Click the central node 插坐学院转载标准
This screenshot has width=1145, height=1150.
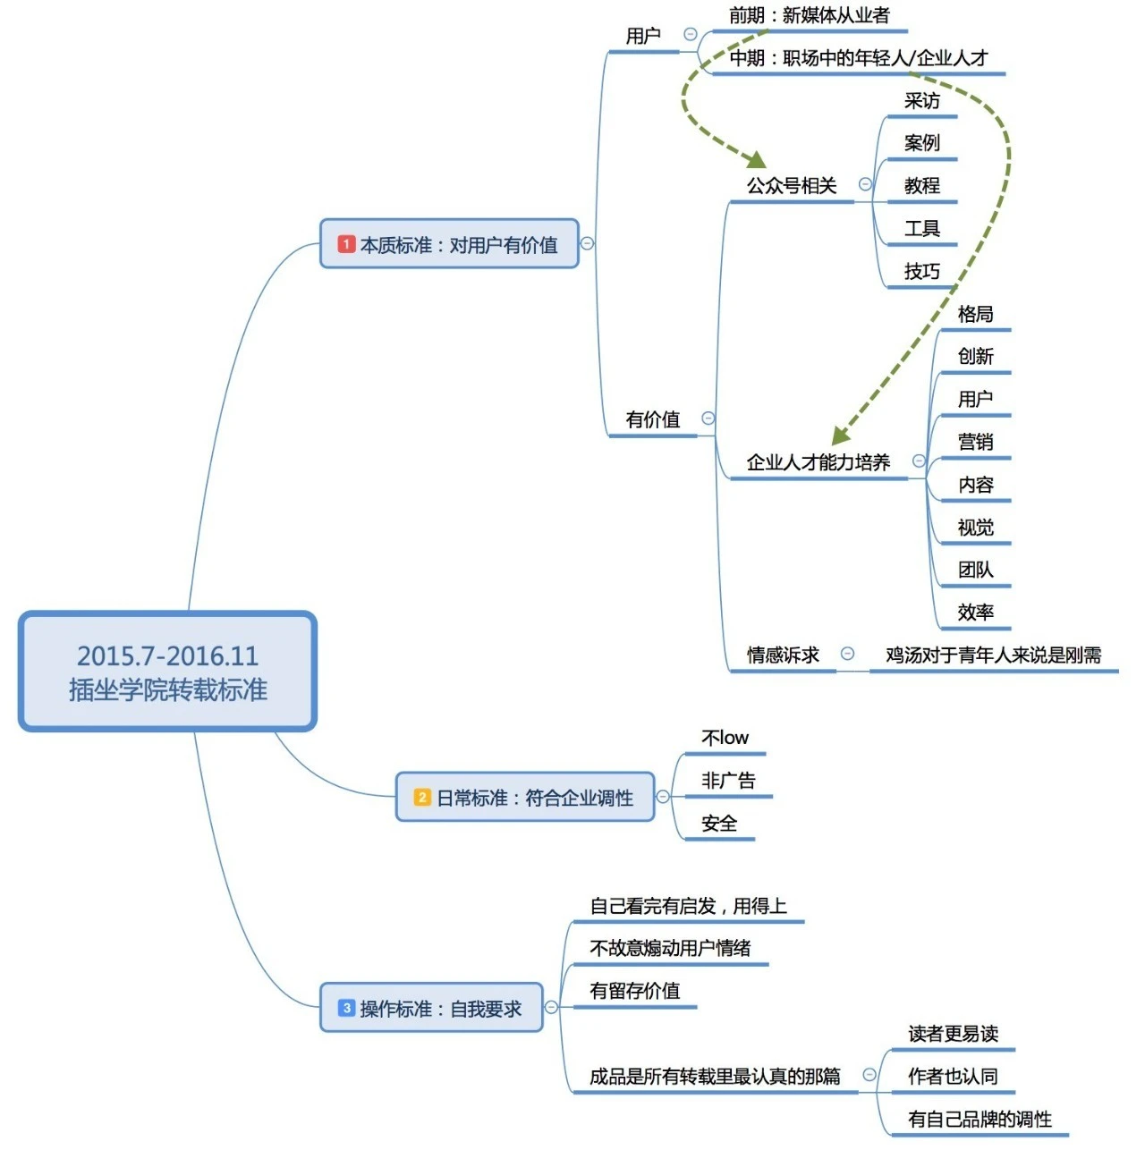tap(167, 672)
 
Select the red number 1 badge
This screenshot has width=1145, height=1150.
tap(346, 244)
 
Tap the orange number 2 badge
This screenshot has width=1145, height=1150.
tap(422, 797)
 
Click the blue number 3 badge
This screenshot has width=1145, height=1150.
tap(346, 1008)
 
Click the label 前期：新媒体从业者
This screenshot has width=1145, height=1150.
tap(809, 15)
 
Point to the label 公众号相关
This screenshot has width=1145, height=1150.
tap(792, 186)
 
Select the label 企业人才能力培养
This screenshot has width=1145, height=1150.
tap(818, 462)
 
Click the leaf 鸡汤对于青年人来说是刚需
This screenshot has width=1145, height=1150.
tap(993, 655)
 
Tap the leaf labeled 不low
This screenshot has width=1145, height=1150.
tap(725, 738)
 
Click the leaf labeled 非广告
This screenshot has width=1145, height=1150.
tap(728, 781)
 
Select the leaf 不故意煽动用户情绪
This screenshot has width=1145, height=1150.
tap(670, 948)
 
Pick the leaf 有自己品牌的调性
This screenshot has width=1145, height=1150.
tap(980, 1119)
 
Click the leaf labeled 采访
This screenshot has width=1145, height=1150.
tap(921, 101)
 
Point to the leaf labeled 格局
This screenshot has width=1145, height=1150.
tap(975, 314)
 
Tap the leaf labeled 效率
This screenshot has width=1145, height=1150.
tap(975, 613)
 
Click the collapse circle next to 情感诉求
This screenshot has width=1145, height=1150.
tap(847, 654)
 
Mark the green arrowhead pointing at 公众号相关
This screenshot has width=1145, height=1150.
tap(757, 160)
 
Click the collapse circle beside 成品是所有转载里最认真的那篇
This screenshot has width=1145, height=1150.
tap(869, 1075)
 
